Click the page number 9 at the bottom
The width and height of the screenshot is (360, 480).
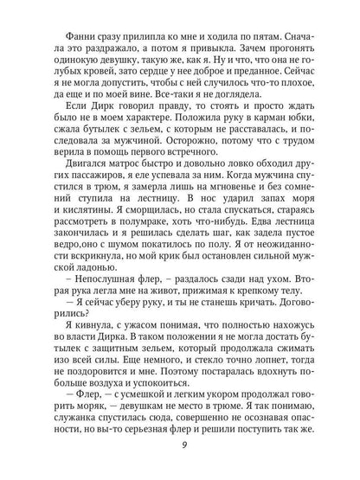tap(180, 446)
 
